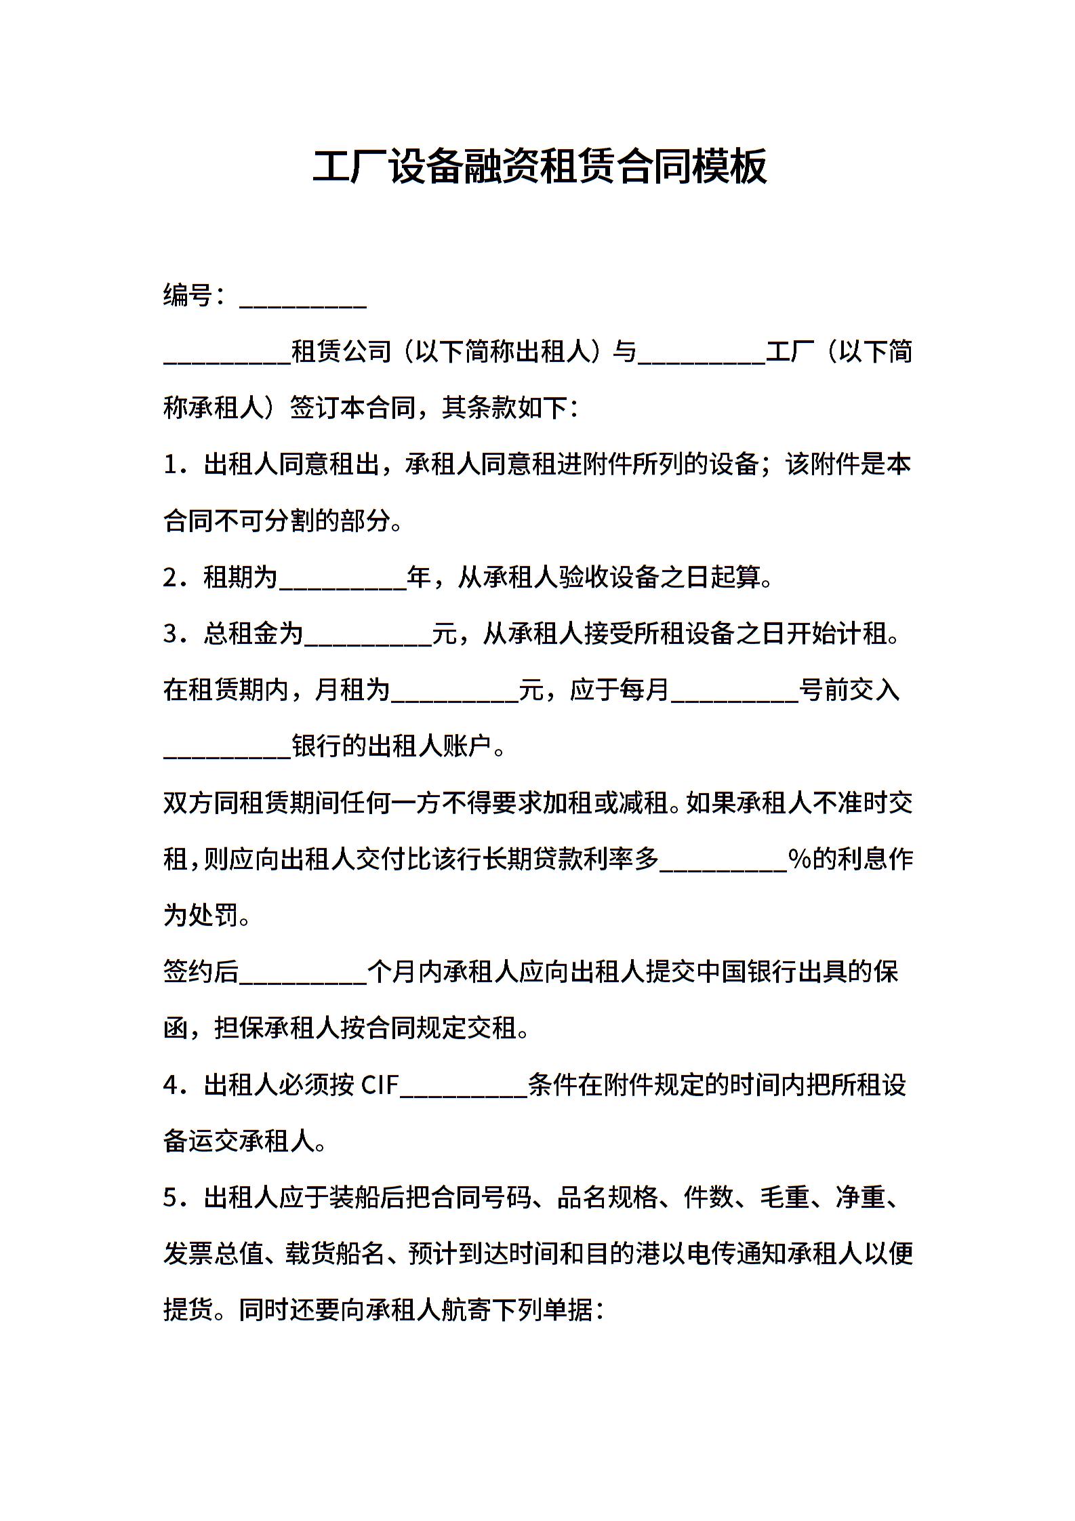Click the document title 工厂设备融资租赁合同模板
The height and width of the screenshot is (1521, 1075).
(539, 166)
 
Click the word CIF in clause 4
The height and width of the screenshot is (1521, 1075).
(380, 1085)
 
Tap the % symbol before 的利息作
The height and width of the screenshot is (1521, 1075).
(800, 859)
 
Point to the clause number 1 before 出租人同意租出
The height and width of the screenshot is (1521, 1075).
(171, 465)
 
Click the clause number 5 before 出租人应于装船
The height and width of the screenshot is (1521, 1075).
(171, 1198)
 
